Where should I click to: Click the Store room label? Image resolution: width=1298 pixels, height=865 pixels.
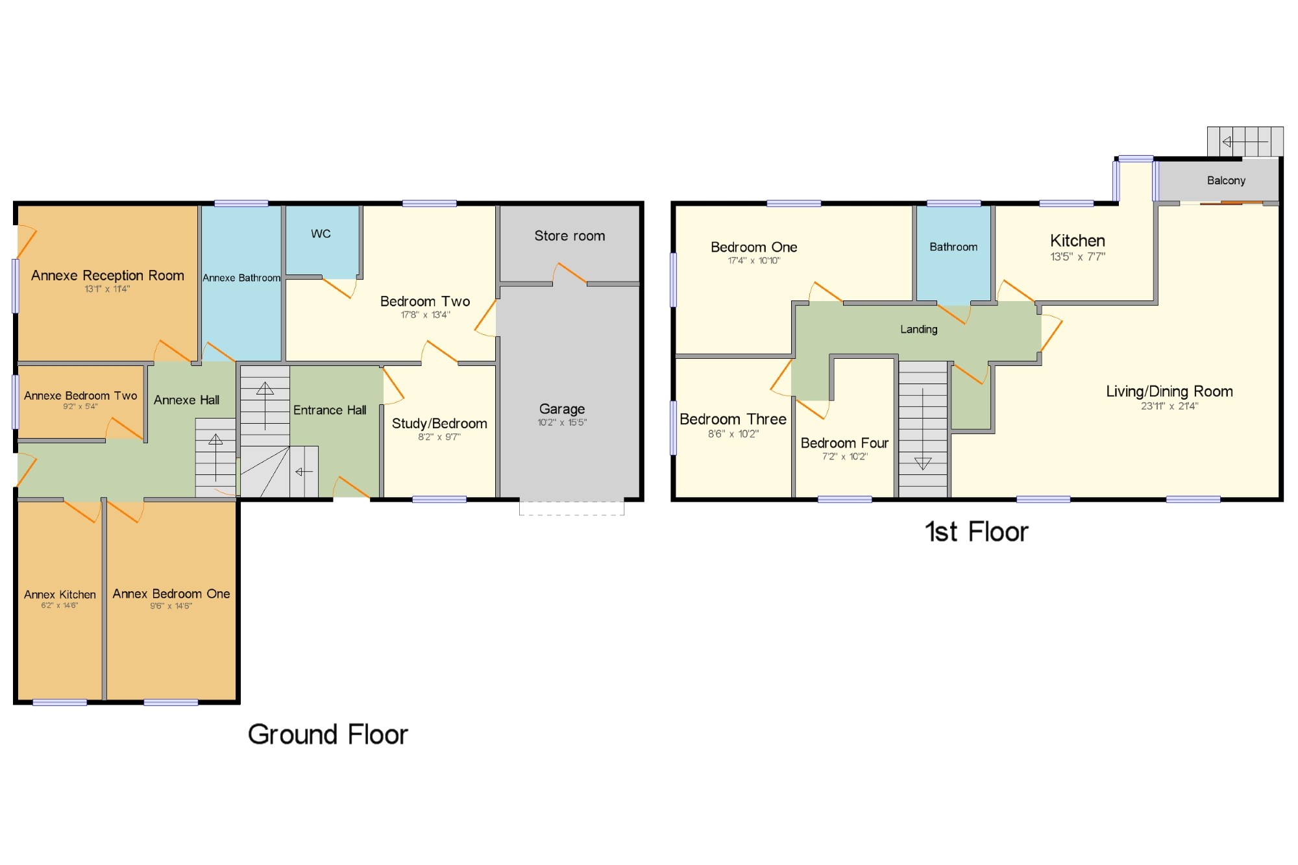pos(569,236)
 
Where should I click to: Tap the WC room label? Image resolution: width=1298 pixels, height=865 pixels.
pos(321,234)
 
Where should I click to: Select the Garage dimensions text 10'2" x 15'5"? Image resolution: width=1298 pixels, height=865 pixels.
pos(562,422)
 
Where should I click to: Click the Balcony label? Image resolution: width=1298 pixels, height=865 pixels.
pos(1226,180)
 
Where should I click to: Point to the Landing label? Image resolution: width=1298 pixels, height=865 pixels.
pos(918,330)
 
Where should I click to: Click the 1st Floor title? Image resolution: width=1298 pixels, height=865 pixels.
pos(976,531)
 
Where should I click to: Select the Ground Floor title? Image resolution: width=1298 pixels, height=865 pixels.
pos(328,735)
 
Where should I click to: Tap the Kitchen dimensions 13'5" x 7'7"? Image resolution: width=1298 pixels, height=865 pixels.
pos(1077,257)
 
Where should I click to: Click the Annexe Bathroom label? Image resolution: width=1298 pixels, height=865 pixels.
pos(241,278)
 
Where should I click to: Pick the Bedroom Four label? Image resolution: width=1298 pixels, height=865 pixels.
pos(844,443)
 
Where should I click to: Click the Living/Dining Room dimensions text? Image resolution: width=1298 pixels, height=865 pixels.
pos(1169,406)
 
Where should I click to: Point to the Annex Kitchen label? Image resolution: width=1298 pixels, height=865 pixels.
pos(60,594)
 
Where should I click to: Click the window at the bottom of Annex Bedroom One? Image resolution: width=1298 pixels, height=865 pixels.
pos(171,702)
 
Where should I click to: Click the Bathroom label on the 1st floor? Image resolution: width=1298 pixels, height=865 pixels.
pos(953,247)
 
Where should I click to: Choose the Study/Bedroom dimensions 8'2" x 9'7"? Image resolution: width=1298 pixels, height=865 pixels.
pos(439,437)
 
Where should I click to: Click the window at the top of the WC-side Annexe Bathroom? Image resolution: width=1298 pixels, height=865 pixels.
pos(241,204)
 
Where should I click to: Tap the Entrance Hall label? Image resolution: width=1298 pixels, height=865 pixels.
pos(330,410)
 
